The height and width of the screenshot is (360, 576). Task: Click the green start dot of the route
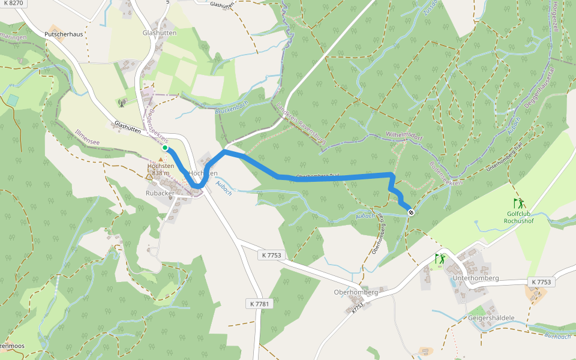pyautogui.click(x=165, y=148)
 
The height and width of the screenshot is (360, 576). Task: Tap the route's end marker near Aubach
pyautogui.click(x=410, y=212)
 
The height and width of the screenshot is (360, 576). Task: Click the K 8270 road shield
pyautogui.click(x=13, y=4)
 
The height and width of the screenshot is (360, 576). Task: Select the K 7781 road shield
pyautogui.click(x=260, y=304)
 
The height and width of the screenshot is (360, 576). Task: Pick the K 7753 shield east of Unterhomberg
pyautogui.click(x=541, y=282)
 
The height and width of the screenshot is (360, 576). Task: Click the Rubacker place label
pyautogui.click(x=159, y=193)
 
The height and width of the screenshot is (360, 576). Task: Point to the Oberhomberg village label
pyautogui.click(x=355, y=292)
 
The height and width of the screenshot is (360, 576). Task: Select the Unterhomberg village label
pyautogui.click(x=476, y=278)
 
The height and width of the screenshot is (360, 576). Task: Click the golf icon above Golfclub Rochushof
pyautogui.click(x=518, y=203)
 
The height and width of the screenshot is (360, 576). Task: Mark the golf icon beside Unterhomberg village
pyautogui.click(x=441, y=259)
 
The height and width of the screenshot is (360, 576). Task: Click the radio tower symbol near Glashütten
pyautogui.click(x=122, y=103)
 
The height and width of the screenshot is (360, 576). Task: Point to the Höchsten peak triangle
pyautogui.click(x=150, y=176)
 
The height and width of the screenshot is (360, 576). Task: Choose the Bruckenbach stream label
pyautogui.click(x=231, y=108)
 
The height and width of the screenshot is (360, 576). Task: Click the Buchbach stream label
pyautogui.click(x=557, y=336)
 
